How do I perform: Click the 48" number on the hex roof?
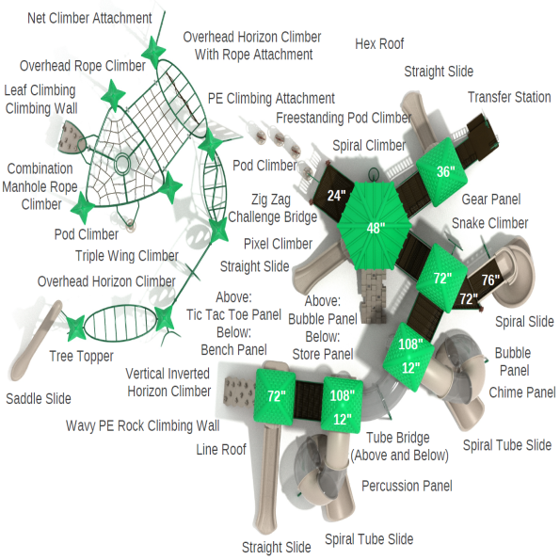click(x=376, y=228)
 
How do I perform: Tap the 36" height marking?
click(x=445, y=172)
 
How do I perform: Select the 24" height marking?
click(x=336, y=197)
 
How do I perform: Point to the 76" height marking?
click(x=490, y=280)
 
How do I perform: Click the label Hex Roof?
click(x=379, y=44)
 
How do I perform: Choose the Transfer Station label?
click(x=509, y=98)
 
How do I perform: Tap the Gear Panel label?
click(x=490, y=200)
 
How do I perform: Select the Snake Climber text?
click(x=489, y=223)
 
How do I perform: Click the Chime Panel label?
click(x=521, y=392)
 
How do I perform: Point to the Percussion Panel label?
click(x=407, y=486)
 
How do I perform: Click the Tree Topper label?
click(x=81, y=356)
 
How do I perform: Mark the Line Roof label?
click(x=220, y=450)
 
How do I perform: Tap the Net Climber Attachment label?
click(x=89, y=18)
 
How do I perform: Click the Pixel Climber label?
click(x=278, y=244)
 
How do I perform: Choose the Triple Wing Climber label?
click(x=126, y=256)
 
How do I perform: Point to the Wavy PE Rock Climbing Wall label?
click(x=142, y=425)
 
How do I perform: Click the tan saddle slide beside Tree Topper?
click(x=33, y=339)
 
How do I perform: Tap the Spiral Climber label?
click(x=369, y=146)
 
